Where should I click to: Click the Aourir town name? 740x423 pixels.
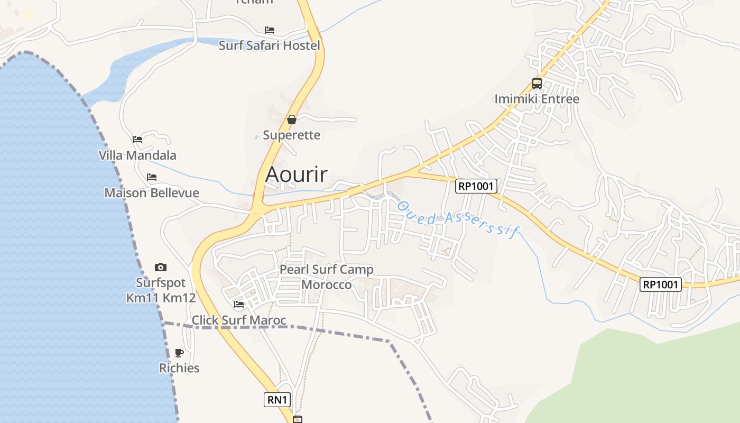[296, 174]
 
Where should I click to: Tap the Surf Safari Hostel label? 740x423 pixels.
[270, 45]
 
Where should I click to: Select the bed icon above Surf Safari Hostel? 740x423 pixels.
[270, 30]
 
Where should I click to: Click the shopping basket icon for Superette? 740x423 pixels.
[291, 119]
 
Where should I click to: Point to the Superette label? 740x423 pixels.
[292, 135]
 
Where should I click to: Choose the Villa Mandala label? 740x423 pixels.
[137, 155]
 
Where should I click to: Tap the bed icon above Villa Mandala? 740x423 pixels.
[137, 140]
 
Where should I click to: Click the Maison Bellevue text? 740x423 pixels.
[152, 192]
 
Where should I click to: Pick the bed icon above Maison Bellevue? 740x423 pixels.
[152, 177]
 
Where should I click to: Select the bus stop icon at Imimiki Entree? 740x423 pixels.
[537, 83]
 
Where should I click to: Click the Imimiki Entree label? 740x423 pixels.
[537, 99]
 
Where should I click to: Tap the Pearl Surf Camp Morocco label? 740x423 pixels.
[326, 277]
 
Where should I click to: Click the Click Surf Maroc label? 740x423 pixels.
[239, 320]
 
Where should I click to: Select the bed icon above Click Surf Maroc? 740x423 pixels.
[239, 305]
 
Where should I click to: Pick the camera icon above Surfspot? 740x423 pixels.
[161, 267]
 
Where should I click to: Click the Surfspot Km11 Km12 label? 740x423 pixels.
[161, 290]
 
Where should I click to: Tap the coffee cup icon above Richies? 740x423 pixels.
[179, 353]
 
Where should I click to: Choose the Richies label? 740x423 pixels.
[179, 368]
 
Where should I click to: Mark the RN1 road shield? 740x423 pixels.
[277, 400]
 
